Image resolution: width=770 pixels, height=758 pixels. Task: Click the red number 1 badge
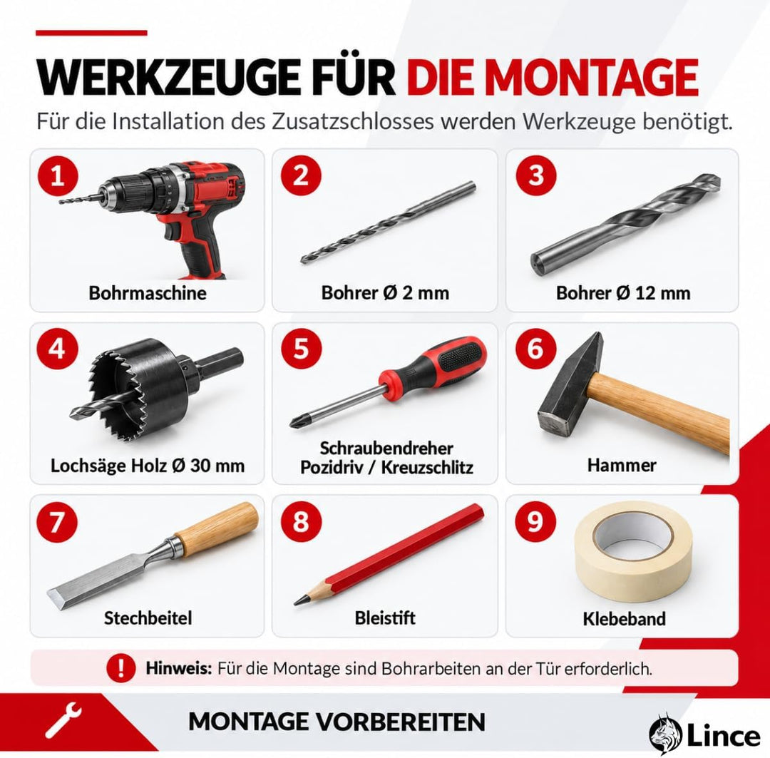[58, 175]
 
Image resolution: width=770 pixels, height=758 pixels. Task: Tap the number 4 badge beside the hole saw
[58, 349]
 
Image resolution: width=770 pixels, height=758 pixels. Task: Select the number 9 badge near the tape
[535, 521]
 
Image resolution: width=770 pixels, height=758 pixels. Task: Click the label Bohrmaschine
[148, 293]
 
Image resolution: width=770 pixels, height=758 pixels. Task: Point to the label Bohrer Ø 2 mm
[385, 293]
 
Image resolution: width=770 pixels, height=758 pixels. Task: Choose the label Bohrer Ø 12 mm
[623, 293]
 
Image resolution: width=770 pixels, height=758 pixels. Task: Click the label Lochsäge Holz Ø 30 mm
[148, 465]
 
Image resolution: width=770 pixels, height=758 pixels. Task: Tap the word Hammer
[622, 465]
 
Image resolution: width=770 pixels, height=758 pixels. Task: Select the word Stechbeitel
[148, 618]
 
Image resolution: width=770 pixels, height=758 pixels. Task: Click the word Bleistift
[385, 618]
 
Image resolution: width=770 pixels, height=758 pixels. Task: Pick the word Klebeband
[624, 618]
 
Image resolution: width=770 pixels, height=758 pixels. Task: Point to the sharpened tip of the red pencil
[297, 601]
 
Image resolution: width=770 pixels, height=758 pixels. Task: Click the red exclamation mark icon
[120, 668]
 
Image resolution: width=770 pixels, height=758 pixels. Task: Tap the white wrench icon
[63, 721]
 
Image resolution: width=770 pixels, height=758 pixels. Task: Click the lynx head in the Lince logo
[666, 734]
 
